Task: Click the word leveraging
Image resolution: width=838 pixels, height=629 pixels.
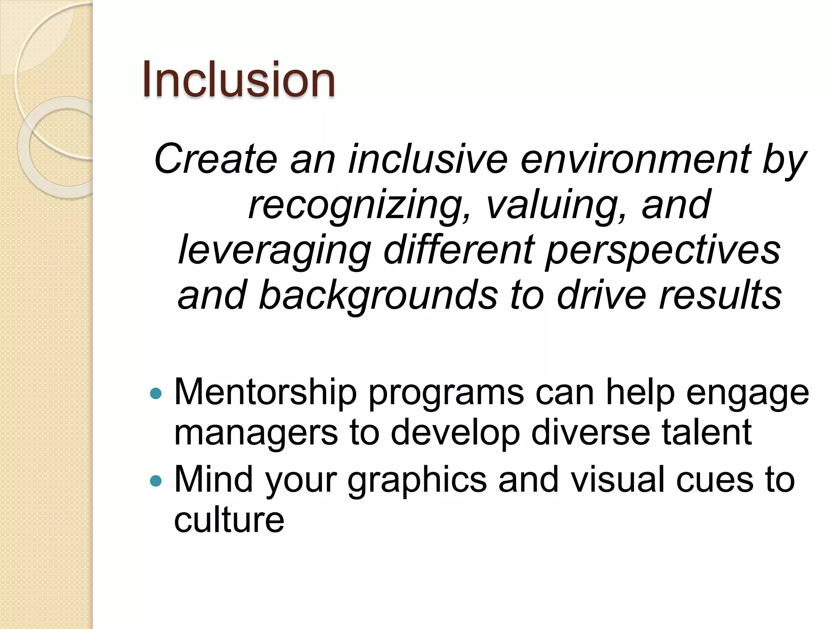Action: pos(275,250)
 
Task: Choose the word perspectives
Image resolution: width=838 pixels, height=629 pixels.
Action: pos(663,250)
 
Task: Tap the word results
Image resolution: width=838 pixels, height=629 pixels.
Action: pos(720,295)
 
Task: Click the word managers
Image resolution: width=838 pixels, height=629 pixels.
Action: pos(256,432)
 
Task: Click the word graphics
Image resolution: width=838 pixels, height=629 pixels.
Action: pos(417,480)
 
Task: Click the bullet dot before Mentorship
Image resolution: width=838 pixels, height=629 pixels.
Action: pos(156,394)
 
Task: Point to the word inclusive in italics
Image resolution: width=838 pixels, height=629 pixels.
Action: pos(428,159)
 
